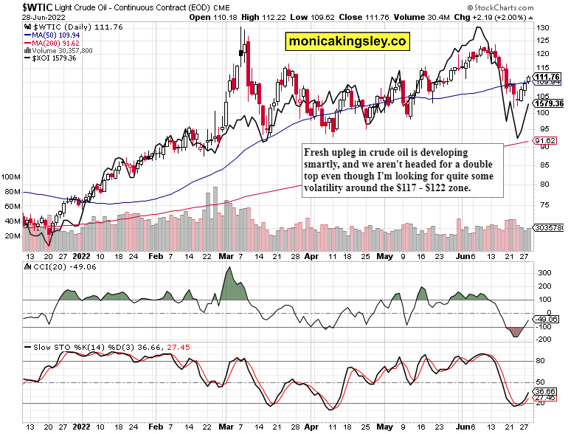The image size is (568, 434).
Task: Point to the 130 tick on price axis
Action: click(x=542, y=27)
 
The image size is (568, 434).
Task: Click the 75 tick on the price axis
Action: click(x=541, y=204)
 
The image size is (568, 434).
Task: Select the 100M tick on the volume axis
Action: click(x=11, y=178)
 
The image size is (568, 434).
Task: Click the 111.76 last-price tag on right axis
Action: click(x=548, y=77)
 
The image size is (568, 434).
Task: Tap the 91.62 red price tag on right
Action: click(x=545, y=140)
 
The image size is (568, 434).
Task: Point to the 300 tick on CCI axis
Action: click(x=543, y=272)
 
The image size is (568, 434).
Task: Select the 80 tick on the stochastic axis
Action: click(x=541, y=360)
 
